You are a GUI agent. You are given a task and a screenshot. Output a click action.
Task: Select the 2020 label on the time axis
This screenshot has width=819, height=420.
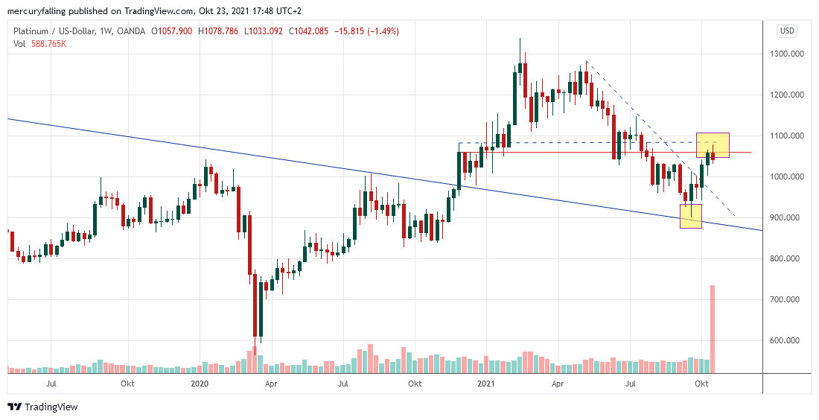coord(200,384)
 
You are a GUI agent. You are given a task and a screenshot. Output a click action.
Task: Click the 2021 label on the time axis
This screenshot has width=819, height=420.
coord(485,384)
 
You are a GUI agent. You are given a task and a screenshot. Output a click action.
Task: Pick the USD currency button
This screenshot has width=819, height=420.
coord(787,31)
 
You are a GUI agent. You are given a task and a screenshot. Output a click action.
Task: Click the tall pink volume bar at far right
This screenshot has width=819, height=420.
coord(713,328)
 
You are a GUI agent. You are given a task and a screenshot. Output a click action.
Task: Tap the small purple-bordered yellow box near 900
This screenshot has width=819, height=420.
coord(691,216)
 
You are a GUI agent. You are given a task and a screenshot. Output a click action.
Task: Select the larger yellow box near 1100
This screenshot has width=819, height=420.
coord(713,145)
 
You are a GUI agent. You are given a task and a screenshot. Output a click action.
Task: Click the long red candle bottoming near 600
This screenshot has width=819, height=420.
coord(255,305)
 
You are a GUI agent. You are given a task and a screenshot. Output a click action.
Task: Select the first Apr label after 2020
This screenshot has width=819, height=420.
coord(271,384)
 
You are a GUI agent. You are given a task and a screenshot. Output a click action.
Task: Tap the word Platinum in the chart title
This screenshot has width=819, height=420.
coord(33,31)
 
